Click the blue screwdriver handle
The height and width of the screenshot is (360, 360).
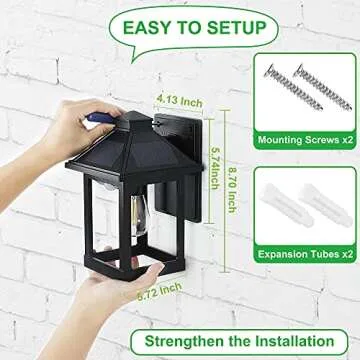92,120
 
